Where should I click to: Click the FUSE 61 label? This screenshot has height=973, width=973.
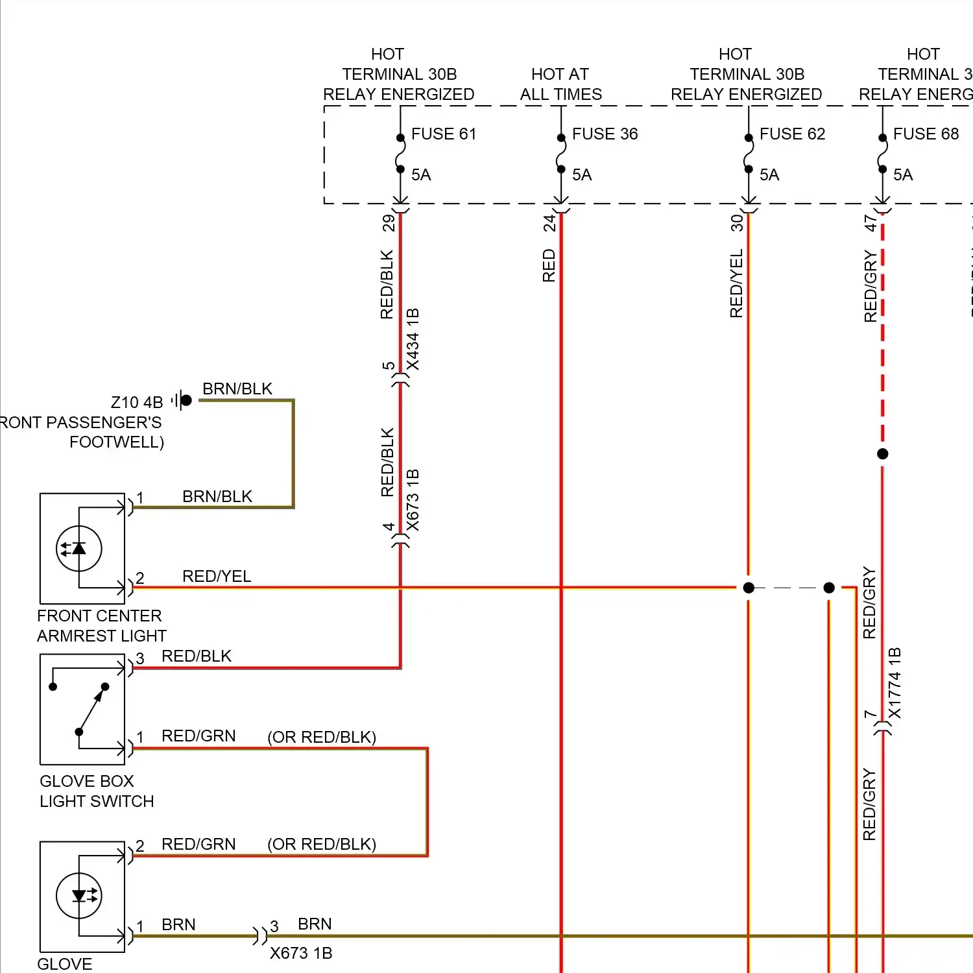444,134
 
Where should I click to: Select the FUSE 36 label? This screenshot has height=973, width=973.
605,134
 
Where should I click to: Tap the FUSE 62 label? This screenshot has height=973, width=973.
792,134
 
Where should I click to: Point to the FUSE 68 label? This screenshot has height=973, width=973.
926,134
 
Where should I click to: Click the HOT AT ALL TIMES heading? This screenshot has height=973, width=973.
560,84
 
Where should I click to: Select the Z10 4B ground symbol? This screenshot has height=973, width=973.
183,400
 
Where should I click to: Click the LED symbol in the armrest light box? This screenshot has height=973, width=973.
79,549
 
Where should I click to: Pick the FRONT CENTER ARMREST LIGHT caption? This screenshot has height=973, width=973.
101,626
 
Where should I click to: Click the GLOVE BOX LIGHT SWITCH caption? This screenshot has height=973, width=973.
97,791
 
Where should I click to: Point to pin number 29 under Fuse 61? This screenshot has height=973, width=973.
388,223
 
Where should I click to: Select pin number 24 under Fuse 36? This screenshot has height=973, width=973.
549,223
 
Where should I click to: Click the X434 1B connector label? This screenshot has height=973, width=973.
413,339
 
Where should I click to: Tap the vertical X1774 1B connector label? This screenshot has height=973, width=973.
895,683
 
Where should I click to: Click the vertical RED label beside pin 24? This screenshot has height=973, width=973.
549,266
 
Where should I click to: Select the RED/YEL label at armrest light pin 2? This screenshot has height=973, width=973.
217,576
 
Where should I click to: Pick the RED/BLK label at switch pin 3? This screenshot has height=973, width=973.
197,656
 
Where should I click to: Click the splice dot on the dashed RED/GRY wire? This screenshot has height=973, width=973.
882,454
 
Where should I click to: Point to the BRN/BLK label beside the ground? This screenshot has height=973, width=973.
237,389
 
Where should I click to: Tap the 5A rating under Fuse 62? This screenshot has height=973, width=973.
769,175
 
